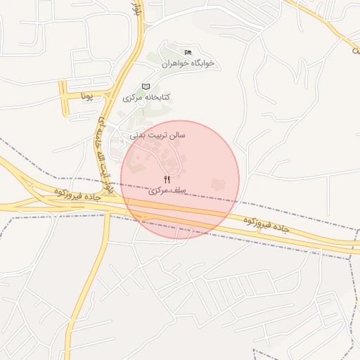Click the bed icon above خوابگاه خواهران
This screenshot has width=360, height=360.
coord(188,53)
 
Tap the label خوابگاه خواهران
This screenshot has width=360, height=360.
coord(188,63)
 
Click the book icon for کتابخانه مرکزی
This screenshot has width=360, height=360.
coord(146,86)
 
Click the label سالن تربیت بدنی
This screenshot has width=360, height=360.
coord(157,133)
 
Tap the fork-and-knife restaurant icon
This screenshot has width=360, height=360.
coord(167,180)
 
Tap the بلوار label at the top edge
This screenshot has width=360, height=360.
coord(137,8)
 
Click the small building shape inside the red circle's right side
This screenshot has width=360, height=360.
coord(217,184)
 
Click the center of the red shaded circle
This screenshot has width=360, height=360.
coord(180,180)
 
